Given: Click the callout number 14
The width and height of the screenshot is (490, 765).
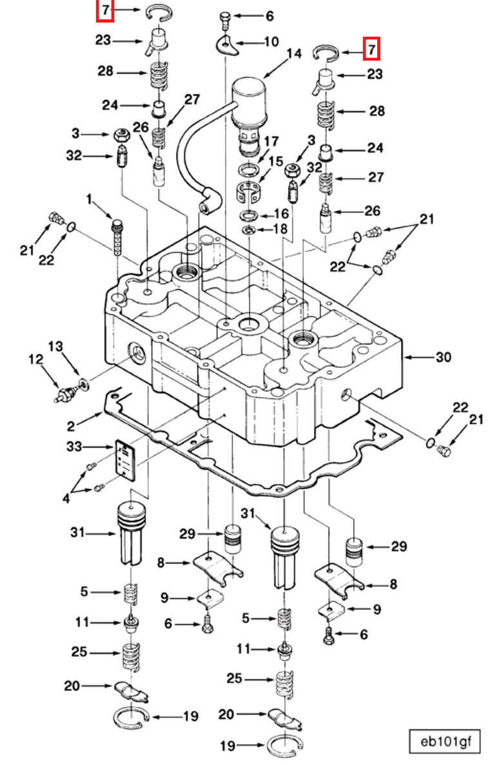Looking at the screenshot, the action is pyautogui.click(x=294, y=53).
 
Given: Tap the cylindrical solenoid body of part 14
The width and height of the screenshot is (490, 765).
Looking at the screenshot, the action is pyautogui.click(x=249, y=103).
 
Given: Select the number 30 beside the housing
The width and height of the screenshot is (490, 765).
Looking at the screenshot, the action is pyautogui.click(x=443, y=357).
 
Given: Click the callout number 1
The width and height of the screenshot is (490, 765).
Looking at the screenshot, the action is pyautogui.click(x=89, y=200).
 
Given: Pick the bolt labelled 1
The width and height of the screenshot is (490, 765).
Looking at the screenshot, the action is pyautogui.click(x=117, y=237).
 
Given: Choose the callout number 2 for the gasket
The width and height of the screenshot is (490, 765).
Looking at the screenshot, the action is pyautogui.click(x=72, y=427).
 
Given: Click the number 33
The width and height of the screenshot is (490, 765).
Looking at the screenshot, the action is pyautogui.click(x=74, y=447).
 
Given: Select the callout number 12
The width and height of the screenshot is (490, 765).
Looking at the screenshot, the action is pyautogui.click(x=35, y=360).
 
